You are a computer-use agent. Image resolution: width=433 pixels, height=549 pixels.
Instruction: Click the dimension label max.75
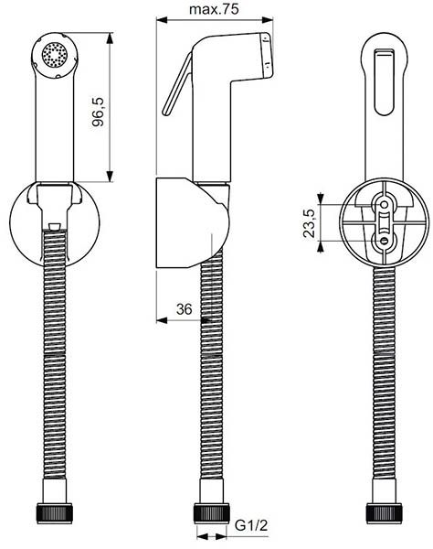click(215, 10)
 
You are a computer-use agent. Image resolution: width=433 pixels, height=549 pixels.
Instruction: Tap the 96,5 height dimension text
click(100, 106)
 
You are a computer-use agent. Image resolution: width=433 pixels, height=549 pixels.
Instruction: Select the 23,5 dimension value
click(309, 222)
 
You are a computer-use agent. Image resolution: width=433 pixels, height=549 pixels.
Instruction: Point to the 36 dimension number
click(184, 310)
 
